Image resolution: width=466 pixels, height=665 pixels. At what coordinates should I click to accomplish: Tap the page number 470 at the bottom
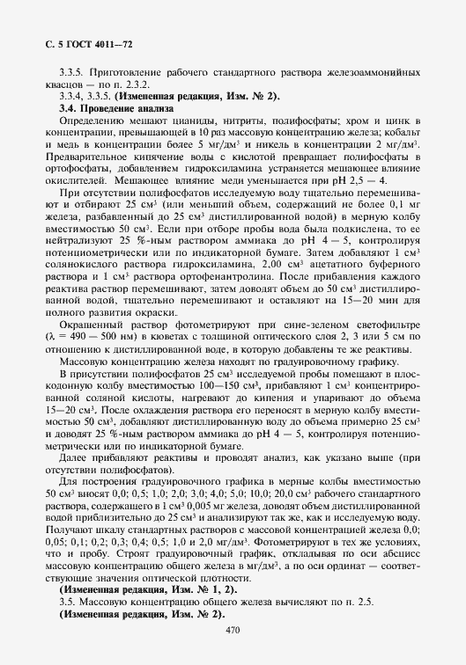[233, 629]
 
